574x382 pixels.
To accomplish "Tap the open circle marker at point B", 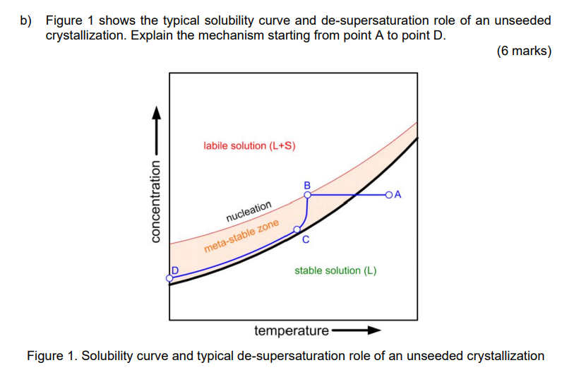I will (x=308, y=195).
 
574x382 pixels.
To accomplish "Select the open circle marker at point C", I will (x=297, y=229).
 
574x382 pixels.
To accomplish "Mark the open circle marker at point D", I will (x=169, y=278).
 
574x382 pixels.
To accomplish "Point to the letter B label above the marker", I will (x=307, y=184).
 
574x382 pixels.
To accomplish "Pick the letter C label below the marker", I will (x=305, y=240).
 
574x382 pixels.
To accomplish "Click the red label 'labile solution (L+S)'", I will (x=249, y=146).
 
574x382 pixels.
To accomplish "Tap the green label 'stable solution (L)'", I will (x=335, y=270).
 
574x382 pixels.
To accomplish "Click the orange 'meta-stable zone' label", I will (x=241, y=237).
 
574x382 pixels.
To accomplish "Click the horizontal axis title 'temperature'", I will (x=291, y=330).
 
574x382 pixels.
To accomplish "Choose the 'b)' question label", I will (x=26, y=20).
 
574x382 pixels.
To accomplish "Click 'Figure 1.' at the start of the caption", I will (x=52, y=356).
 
